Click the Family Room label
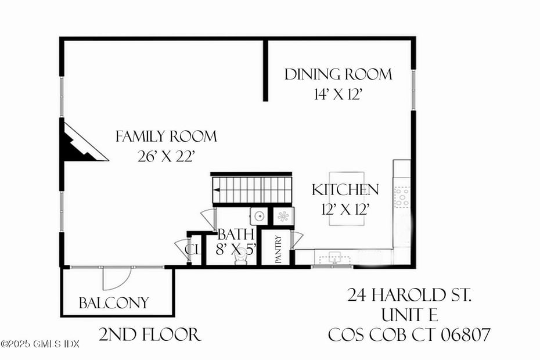(x=166, y=137)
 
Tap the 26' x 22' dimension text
(x=166, y=156)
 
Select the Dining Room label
(x=337, y=74)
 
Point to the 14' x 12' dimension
(x=337, y=94)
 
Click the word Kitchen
(x=345, y=190)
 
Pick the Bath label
(x=236, y=235)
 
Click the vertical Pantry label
(x=279, y=249)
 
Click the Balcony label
(x=114, y=303)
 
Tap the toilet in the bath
(x=241, y=259)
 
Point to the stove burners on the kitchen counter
(x=401, y=197)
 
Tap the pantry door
(x=297, y=239)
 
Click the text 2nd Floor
(x=150, y=334)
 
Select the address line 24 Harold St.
(x=409, y=296)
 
